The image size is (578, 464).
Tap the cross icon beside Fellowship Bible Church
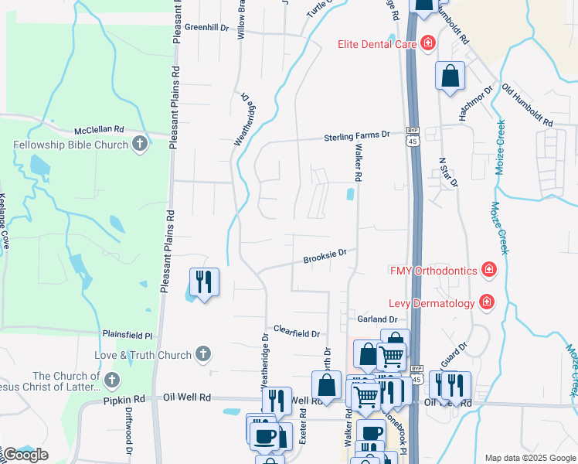tap(139, 143)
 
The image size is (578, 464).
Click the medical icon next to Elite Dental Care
tap(427, 44)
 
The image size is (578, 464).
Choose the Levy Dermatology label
tap(431, 302)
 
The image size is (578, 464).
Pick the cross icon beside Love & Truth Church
tap(202, 354)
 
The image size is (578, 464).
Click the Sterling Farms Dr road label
tap(356, 136)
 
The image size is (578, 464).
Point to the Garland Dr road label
tap(376, 319)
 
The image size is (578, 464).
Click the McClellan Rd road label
tap(99, 129)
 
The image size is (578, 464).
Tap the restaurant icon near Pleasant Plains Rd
tap(204, 281)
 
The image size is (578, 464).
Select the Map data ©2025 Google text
tap(529, 458)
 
